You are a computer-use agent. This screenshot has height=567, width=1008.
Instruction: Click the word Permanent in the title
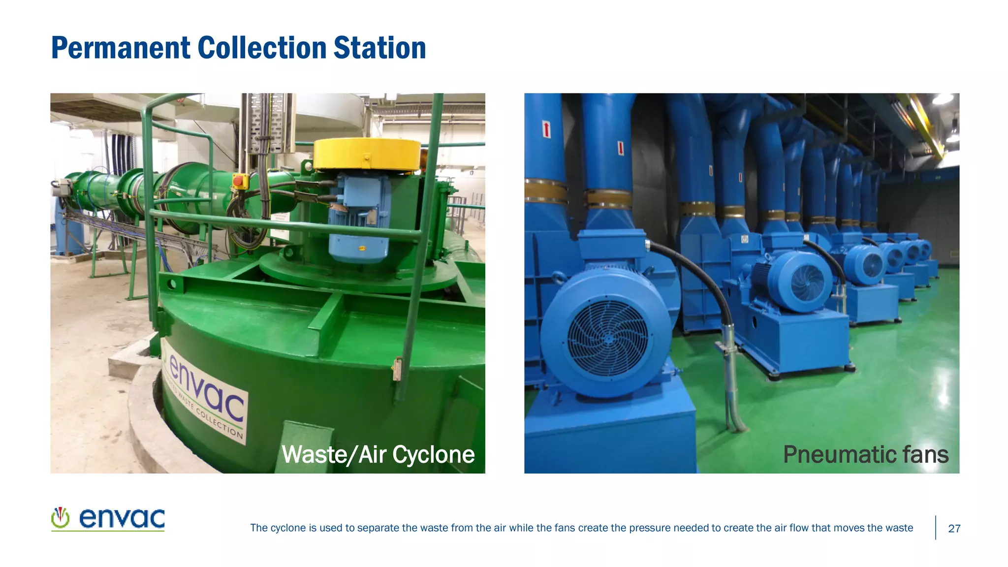tap(121, 48)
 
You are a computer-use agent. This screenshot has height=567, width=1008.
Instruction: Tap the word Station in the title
tap(379, 48)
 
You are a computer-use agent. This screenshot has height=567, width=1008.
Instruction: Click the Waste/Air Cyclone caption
tap(378, 454)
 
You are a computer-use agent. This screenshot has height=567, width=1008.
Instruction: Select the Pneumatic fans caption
tap(865, 454)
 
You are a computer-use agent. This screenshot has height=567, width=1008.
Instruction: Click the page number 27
tap(954, 529)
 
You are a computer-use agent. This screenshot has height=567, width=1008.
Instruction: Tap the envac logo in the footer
tap(108, 519)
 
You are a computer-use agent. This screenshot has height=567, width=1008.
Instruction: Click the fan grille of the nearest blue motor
tap(608, 338)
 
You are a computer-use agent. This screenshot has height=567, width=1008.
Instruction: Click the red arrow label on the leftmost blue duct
tap(546, 129)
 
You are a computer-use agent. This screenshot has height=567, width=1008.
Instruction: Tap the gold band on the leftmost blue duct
tap(545, 192)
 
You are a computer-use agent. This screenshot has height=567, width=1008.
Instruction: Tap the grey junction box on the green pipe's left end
tap(62, 187)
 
